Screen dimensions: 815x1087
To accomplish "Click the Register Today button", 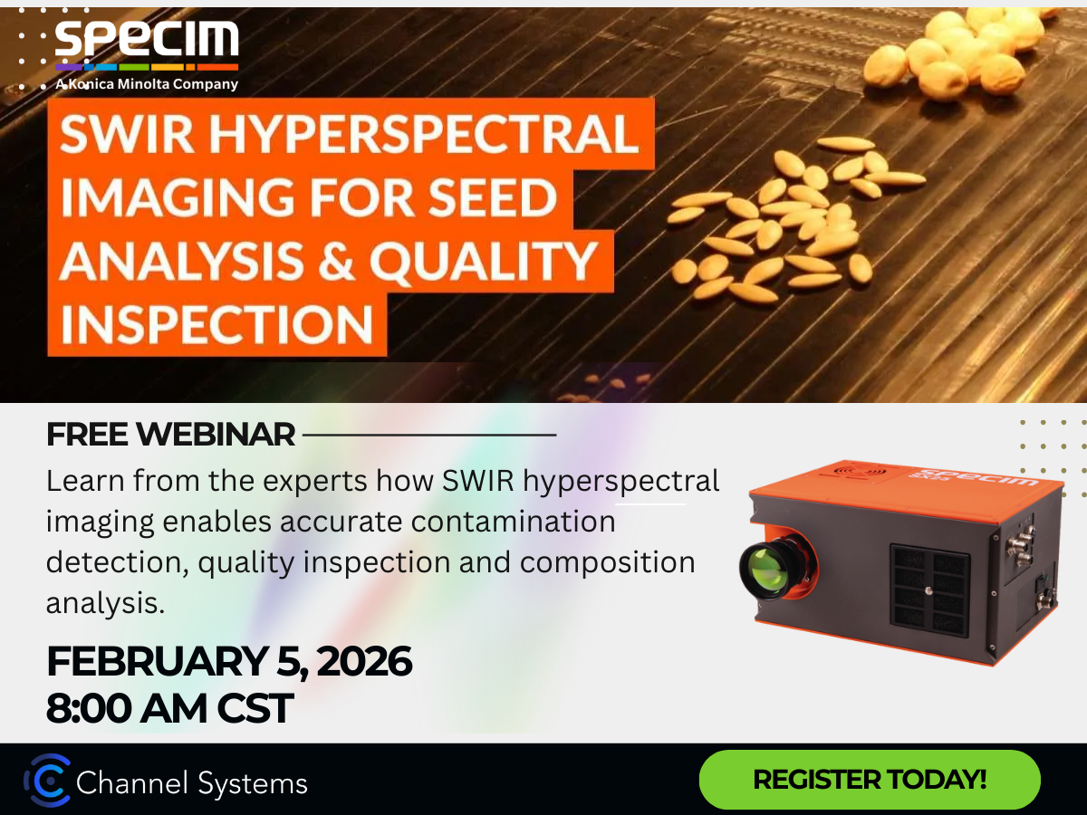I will [870, 779].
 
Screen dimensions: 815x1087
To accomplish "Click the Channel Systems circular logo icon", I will [47, 781].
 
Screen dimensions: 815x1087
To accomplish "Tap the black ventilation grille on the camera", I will [929, 589].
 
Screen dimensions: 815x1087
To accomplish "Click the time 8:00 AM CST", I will [169, 707].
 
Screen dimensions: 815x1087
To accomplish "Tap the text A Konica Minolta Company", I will [147, 84].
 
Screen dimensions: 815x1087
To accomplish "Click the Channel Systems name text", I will [192, 783].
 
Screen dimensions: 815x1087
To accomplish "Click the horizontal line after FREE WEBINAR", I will [429, 435].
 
